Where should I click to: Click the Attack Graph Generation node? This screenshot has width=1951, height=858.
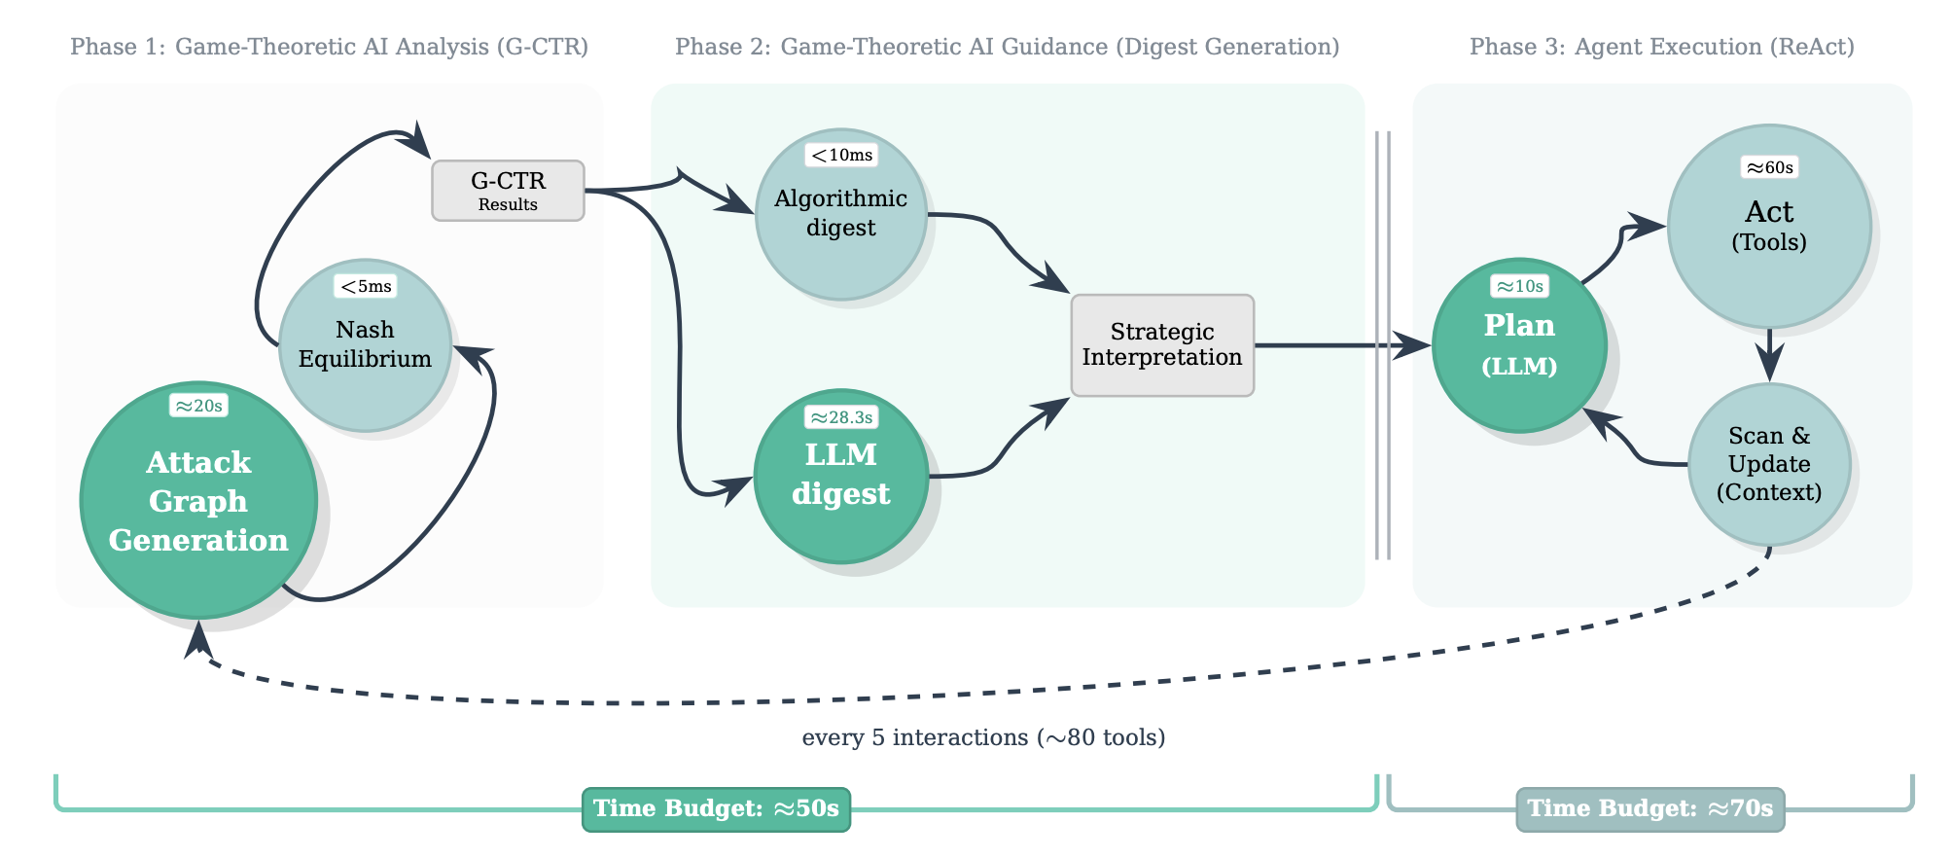pos(198,501)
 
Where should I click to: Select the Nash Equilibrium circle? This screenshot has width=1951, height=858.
pos(365,345)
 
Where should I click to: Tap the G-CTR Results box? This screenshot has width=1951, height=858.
pos(508,191)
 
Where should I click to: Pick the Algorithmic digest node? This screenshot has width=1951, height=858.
pos(841,214)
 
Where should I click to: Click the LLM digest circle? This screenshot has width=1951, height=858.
pos(841,476)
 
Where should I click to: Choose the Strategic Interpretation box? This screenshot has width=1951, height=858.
pos(1162,345)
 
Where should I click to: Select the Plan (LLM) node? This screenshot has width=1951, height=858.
pos(1519,345)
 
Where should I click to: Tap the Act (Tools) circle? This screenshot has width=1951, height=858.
pos(1769,227)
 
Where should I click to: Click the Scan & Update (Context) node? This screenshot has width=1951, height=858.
pos(1769,464)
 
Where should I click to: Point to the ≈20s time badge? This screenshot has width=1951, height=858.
pos(198,406)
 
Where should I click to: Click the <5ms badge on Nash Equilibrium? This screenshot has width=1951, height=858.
pos(365,286)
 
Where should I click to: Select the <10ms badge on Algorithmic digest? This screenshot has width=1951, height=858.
pos(841,155)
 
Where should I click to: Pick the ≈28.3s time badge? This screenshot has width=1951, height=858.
pos(841,417)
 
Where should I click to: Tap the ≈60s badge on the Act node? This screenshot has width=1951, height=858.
pos(1769,167)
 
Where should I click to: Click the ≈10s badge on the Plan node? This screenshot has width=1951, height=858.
pos(1519,286)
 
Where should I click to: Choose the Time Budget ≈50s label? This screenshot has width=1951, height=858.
pos(716,809)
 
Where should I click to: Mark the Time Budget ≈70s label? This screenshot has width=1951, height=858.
pos(1650,809)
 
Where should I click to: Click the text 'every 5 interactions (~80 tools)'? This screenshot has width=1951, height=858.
pos(983,737)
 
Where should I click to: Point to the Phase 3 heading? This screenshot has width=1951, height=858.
pos(1661,47)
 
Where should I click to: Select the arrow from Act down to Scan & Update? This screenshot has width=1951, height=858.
pos(1769,355)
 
